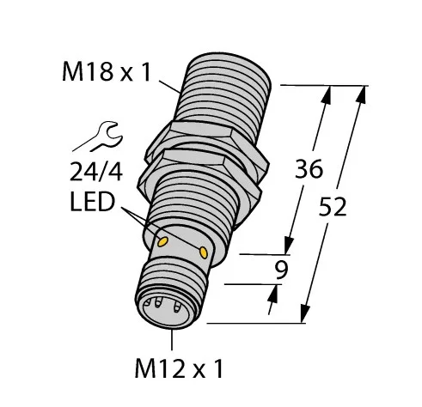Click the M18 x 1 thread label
(107, 72)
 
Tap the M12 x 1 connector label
(179, 368)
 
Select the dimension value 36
(309, 169)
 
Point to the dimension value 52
(333, 207)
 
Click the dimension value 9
(281, 270)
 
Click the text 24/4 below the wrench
(96, 172)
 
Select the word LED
(93, 202)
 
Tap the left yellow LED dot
(162, 242)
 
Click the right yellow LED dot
(204, 252)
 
